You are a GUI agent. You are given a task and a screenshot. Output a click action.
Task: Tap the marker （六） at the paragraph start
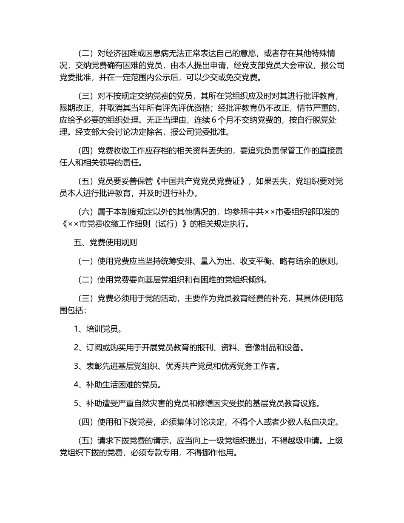coord(86,212)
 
